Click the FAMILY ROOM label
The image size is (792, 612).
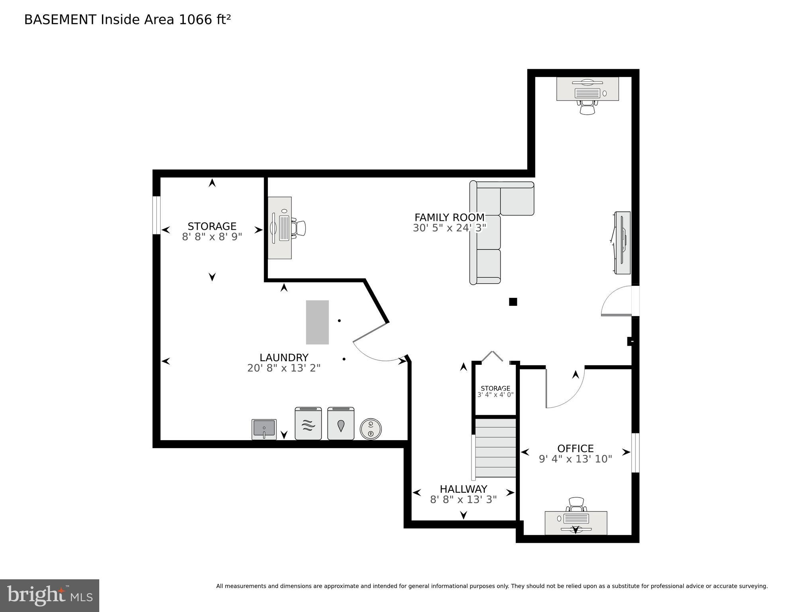[449, 218]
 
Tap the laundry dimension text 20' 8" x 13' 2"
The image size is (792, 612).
[283, 368]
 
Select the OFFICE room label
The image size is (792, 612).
[575, 449]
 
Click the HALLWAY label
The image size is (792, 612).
[463, 489]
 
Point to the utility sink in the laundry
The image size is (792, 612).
[264, 429]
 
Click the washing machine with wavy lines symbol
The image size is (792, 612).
[308, 424]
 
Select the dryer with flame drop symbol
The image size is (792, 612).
[341, 424]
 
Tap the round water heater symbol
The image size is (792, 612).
[371, 429]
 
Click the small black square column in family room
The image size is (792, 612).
[513, 302]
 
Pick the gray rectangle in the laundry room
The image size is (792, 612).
[317, 322]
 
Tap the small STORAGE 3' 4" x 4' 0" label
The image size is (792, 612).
[495, 391]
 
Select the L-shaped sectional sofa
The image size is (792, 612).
[490, 223]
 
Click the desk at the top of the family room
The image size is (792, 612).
[588, 89]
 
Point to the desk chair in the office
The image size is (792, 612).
[576, 505]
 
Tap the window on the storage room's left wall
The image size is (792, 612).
[157, 215]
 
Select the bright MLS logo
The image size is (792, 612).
[49, 595]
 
